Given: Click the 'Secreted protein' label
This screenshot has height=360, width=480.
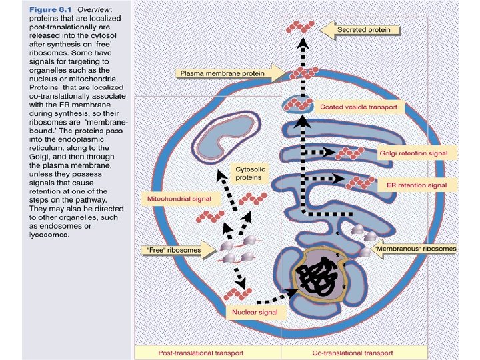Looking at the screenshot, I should tap(368, 30).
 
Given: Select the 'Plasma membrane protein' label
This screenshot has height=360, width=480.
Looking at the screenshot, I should tap(220, 73).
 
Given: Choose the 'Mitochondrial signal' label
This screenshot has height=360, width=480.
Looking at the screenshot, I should tap(178, 199).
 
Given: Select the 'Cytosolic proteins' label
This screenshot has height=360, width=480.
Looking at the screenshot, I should tap(251, 173).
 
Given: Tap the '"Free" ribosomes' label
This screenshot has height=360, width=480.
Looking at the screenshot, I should tap(173, 249).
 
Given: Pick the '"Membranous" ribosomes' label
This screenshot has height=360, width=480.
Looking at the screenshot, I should tap(415, 249).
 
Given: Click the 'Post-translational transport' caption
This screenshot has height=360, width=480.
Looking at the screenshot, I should tap(208, 352).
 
